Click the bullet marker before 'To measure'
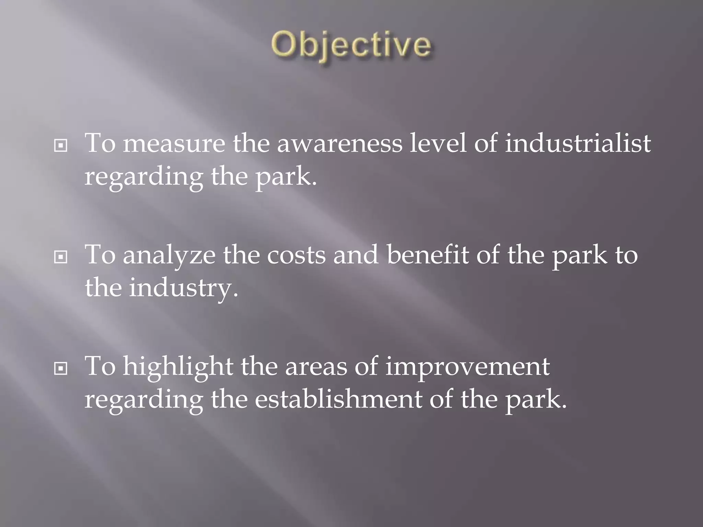tap(61, 146)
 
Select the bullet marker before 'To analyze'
tap(61, 257)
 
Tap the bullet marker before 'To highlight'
tap(61, 369)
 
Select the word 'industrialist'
tap(578, 143)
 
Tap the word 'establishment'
tap(338, 399)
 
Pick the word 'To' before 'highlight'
tap(100, 366)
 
